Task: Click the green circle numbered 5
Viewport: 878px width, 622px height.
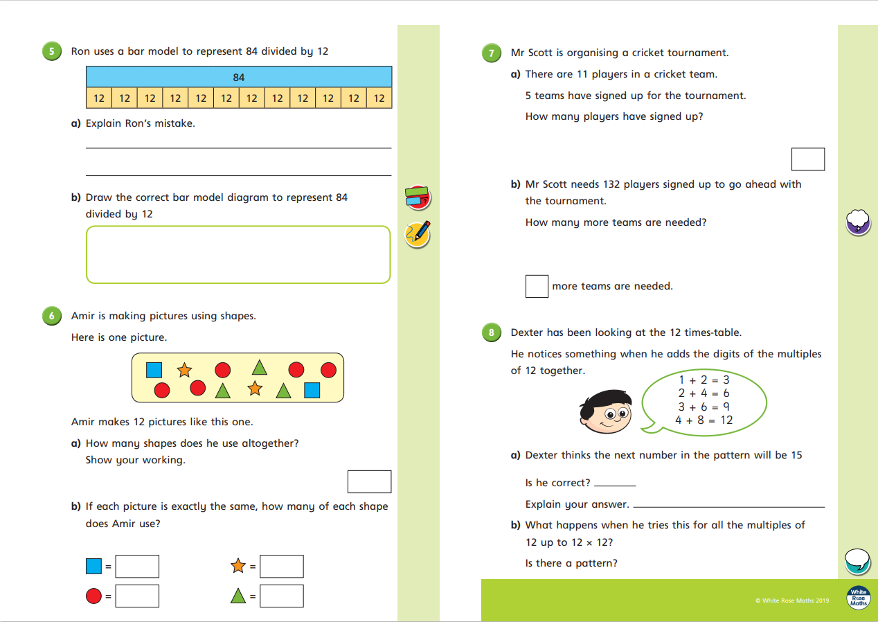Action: (x=51, y=51)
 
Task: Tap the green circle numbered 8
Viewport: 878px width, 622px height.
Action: (x=491, y=332)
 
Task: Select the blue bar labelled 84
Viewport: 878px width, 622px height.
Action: (x=239, y=77)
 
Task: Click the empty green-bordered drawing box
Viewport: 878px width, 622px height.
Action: (x=238, y=254)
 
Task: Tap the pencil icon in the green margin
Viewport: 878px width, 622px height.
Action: (x=418, y=234)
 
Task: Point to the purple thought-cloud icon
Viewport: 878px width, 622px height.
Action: (x=858, y=222)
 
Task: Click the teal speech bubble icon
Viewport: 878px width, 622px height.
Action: (x=858, y=560)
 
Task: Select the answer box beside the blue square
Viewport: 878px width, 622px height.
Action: (x=137, y=567)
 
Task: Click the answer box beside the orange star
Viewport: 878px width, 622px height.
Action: (x=282, y=567)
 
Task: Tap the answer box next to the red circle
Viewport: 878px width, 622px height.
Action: (x=137, y=596)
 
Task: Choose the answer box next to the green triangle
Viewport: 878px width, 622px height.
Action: (x=282, y=596)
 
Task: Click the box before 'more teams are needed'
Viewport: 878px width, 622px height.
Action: (x=537, y=286)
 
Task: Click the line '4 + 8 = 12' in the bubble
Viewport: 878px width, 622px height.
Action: (x=704, y=420)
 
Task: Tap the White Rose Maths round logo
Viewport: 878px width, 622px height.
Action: (x=859, y=598)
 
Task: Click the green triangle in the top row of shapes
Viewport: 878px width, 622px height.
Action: (x=259, y=367)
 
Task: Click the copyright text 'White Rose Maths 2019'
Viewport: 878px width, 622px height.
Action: (x=792, y=601)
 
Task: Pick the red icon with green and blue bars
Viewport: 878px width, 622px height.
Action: (x=418, y=197)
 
